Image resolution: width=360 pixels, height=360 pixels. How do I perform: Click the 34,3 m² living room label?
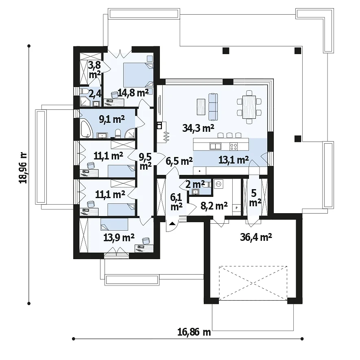(x=199, y=128)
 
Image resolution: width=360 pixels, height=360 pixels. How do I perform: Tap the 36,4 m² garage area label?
(x=256, y=237)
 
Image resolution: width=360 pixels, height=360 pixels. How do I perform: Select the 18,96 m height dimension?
(x=23, y=168)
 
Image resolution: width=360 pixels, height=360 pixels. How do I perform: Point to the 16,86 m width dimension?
(x=194, y=332)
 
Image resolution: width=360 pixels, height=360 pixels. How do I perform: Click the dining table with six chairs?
(x=249, y=107)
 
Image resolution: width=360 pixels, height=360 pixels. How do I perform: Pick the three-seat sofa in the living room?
(x=213, y=107)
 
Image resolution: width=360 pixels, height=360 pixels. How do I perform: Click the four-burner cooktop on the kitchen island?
(x=234, y=146)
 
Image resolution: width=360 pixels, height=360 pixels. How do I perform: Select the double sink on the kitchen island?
(x=215, y=146)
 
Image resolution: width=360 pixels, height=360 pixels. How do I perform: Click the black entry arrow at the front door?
(x=172, y=223)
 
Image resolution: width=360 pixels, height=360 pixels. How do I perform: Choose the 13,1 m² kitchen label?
(x=233, y=160)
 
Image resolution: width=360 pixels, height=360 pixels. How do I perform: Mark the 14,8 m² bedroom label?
(x=133, y=93)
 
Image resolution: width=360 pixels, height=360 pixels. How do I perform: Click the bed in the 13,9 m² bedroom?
(x=114, y=224)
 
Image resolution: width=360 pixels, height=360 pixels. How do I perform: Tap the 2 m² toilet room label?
(x=195, y=184)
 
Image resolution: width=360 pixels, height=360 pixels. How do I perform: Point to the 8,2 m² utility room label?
(x=214, y=206)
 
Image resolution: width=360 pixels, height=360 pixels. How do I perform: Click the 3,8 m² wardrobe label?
(x=95, y=70)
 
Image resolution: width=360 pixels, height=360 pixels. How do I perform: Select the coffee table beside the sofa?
(x=201, y=107)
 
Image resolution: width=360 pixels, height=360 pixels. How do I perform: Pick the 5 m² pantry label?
(x=255, y=198)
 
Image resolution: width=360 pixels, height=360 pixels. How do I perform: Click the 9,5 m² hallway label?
(x=145, y=161)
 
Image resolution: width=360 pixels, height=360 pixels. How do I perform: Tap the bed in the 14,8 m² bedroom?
(x=138, y=75)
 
